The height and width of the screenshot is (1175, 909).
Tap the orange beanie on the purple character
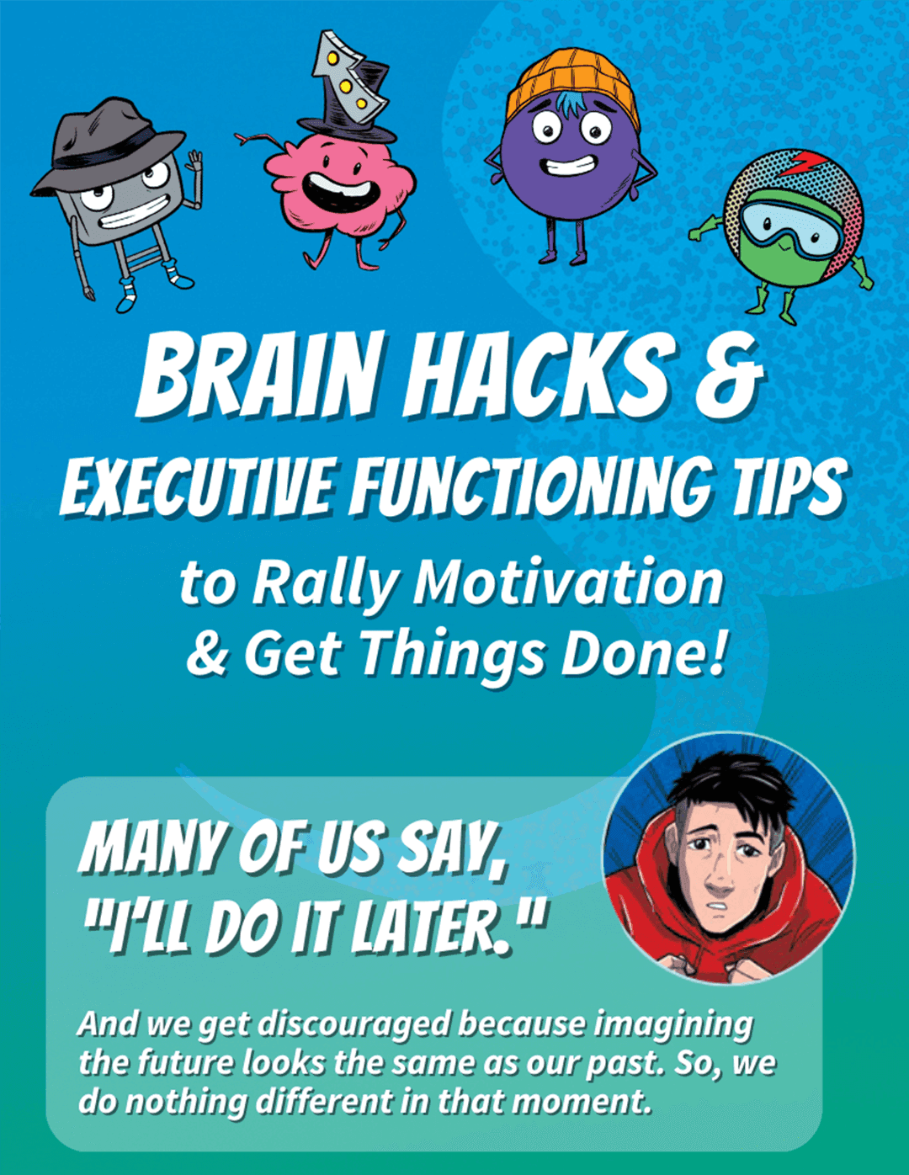[573, 84]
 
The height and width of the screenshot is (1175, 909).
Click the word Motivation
[568, 582]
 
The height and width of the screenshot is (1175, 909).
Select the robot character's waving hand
[194, 162]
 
